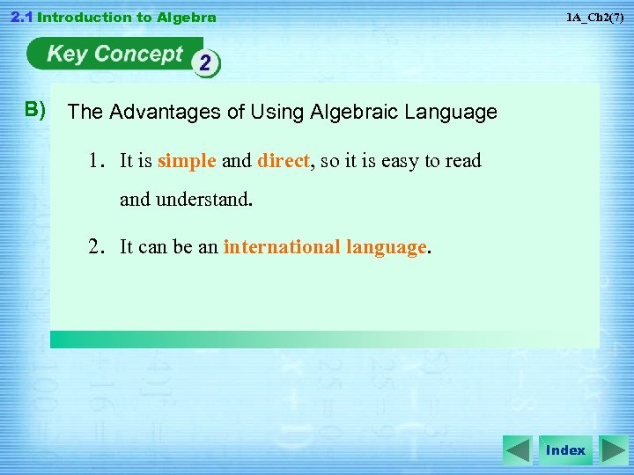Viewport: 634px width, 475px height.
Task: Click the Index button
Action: pos(565,450)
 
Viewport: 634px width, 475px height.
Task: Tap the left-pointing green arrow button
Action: pos(518,450)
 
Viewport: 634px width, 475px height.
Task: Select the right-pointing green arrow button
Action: pos(613,450)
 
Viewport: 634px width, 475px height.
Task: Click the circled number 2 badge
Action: pos(206,64)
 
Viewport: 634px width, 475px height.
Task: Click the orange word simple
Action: pos(187,161)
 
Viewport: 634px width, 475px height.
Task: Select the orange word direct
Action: pos(284,161)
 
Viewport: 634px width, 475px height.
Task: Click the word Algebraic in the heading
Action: pos(348,113)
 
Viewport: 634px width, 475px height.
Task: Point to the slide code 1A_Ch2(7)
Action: pos(595,18)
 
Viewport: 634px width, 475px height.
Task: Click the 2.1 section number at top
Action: pos(18,18)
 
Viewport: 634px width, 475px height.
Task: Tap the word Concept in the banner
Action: pos(138,55)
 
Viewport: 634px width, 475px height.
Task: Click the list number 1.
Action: pos(95,161)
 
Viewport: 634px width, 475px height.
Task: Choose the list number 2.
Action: pos(96,247)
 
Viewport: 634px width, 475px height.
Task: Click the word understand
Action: pos(203,200)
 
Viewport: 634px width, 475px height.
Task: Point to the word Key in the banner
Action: pos(67,55)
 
